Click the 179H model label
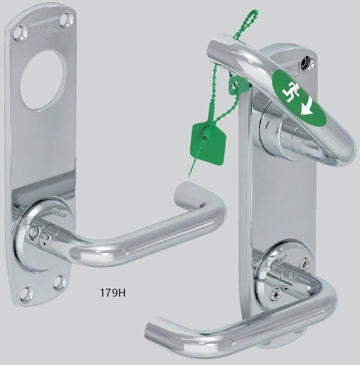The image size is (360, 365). click(x=113, y=293)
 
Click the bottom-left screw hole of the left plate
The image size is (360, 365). click(x=24, y=293)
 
